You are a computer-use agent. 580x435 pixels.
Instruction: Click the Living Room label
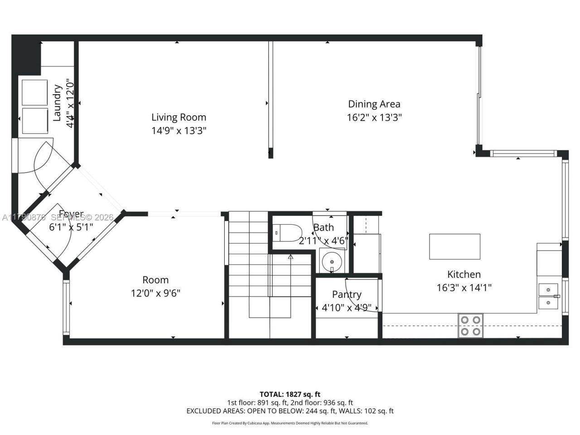pos(179,117)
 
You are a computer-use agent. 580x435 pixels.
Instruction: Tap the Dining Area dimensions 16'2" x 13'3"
pos(374,118)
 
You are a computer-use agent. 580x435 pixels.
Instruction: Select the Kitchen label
pos(464,274)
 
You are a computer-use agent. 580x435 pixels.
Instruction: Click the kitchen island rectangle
pos(454,246)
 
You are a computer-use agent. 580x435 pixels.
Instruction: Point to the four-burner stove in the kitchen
pos(470,325)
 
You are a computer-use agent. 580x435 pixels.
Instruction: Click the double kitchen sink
pos(548,295)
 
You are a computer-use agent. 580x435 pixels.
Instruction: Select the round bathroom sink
pos(332,262)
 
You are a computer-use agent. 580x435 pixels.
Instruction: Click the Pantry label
pos(347,295)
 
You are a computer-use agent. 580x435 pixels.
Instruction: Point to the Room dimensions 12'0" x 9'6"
pos(155,293)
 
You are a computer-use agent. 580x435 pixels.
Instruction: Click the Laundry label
pos(58,103)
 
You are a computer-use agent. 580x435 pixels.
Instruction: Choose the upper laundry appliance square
pos(35,92)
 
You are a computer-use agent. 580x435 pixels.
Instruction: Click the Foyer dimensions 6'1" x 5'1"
pos(71,227)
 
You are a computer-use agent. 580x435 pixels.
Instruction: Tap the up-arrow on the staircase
pos(291,257)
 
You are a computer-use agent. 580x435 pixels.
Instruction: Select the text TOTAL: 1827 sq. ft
pos(290,394)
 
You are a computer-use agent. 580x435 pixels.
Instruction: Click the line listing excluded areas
pos(290,411)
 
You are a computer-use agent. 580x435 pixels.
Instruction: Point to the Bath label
pos(324,227)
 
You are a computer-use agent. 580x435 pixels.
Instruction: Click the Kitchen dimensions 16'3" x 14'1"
pos(464,287)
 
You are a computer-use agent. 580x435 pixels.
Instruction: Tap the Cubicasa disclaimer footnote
pos(290,423)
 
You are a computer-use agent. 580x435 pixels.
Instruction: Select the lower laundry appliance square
pos(35,121)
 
